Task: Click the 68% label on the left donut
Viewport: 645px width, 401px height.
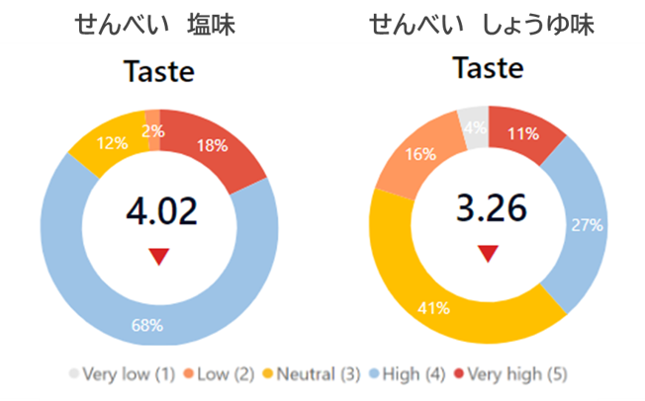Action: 147,325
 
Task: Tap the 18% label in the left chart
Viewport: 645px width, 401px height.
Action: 212,145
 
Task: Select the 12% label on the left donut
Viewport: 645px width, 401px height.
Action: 113,143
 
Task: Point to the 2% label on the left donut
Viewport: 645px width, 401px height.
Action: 153,129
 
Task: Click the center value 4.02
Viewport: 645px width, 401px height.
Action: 161,210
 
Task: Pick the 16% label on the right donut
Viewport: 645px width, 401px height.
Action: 420,154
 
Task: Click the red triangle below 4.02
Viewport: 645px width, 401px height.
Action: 158,257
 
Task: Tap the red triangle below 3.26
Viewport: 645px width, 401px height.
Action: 487,254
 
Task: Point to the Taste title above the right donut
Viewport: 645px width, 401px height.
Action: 487,68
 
